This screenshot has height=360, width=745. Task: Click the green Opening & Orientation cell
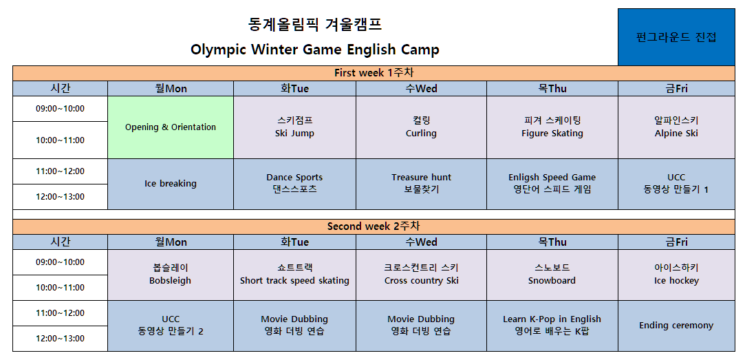[171, 127]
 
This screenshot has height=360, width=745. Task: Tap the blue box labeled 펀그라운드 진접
[676, 37]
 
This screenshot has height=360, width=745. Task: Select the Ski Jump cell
[294, 127]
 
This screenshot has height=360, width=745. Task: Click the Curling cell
[422, 127]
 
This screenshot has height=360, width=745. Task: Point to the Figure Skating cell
[552, 127]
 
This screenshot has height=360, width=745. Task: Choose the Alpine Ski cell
[677, 127]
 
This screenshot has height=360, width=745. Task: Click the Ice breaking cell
[171, 184]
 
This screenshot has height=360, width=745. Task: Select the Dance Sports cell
[294, 184]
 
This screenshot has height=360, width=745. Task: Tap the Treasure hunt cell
[422, 184]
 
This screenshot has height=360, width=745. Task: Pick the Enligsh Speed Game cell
[552, 184]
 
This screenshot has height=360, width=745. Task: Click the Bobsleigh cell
[171, 275]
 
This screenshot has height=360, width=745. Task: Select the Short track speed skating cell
[294, 275]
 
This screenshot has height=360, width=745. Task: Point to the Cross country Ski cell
[422, 275]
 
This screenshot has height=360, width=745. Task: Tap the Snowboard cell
[552, 275]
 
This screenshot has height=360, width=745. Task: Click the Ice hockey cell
[677, 275]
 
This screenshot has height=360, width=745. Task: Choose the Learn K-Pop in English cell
[552, 326]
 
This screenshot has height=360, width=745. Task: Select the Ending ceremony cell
[677, 326]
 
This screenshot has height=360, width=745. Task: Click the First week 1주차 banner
[374, 73]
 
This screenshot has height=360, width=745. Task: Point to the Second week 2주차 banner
[374, 226]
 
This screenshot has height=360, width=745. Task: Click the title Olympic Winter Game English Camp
[315, 50]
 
